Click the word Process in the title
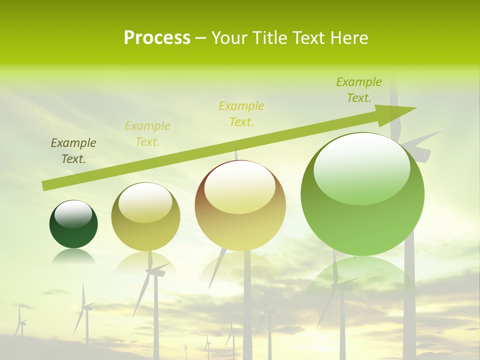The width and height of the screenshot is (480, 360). tap(157, 38)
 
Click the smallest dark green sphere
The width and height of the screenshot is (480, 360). tap(73, 225)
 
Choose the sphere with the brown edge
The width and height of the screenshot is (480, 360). tap(240, 205)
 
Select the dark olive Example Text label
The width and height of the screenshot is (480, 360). tap(73, 150)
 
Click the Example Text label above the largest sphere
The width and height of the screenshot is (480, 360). tap(359, 89)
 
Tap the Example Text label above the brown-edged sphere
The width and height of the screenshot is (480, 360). tap(241, 113)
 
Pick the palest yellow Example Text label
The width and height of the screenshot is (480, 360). tap(147, 133)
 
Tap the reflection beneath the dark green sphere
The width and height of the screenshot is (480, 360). tap(73, 257)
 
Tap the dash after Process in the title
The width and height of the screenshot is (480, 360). tap(201, 38)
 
